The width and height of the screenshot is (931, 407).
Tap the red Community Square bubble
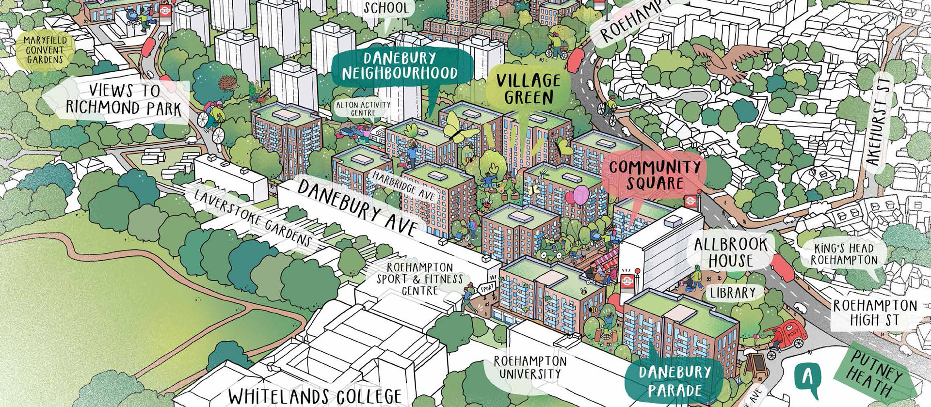tap(655, 175)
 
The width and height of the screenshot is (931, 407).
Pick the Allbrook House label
tap(731, 252)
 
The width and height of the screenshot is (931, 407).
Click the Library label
tap(733, 292)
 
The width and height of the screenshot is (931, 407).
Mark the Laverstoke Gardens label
tap(252, 218)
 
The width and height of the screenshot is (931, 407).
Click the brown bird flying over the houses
tap(722, 59)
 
